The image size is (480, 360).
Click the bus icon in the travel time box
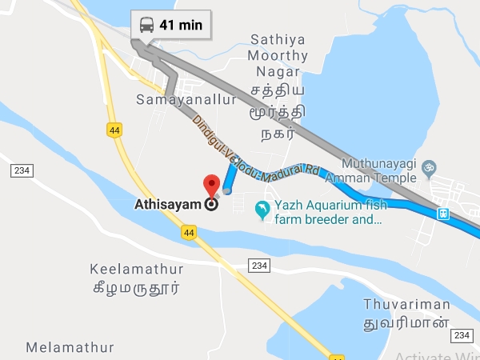pos(147,24)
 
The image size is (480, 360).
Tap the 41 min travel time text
pos(180,24)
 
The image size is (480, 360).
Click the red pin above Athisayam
pos(212,185)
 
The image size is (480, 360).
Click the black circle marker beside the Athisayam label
pos(212,204)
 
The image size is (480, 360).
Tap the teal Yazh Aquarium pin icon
pos(262,210)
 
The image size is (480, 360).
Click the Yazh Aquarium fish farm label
pos(329,211)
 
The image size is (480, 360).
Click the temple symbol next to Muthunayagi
pos(428,167)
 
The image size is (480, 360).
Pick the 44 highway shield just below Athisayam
pos(189,232)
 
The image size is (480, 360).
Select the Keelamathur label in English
pos(137,270)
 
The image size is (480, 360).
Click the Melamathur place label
pos(70,347)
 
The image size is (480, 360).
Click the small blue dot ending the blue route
pos(228,190)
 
